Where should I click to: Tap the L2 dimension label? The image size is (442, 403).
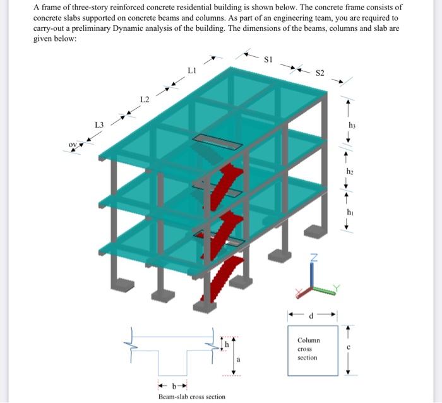tap(145, 100)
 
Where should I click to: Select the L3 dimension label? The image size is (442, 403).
tap(99, 124)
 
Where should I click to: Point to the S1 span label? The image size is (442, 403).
tap(268, 60)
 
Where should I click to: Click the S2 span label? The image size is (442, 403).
tap(320, 73)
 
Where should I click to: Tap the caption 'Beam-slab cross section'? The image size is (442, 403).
tap(191, 397)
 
